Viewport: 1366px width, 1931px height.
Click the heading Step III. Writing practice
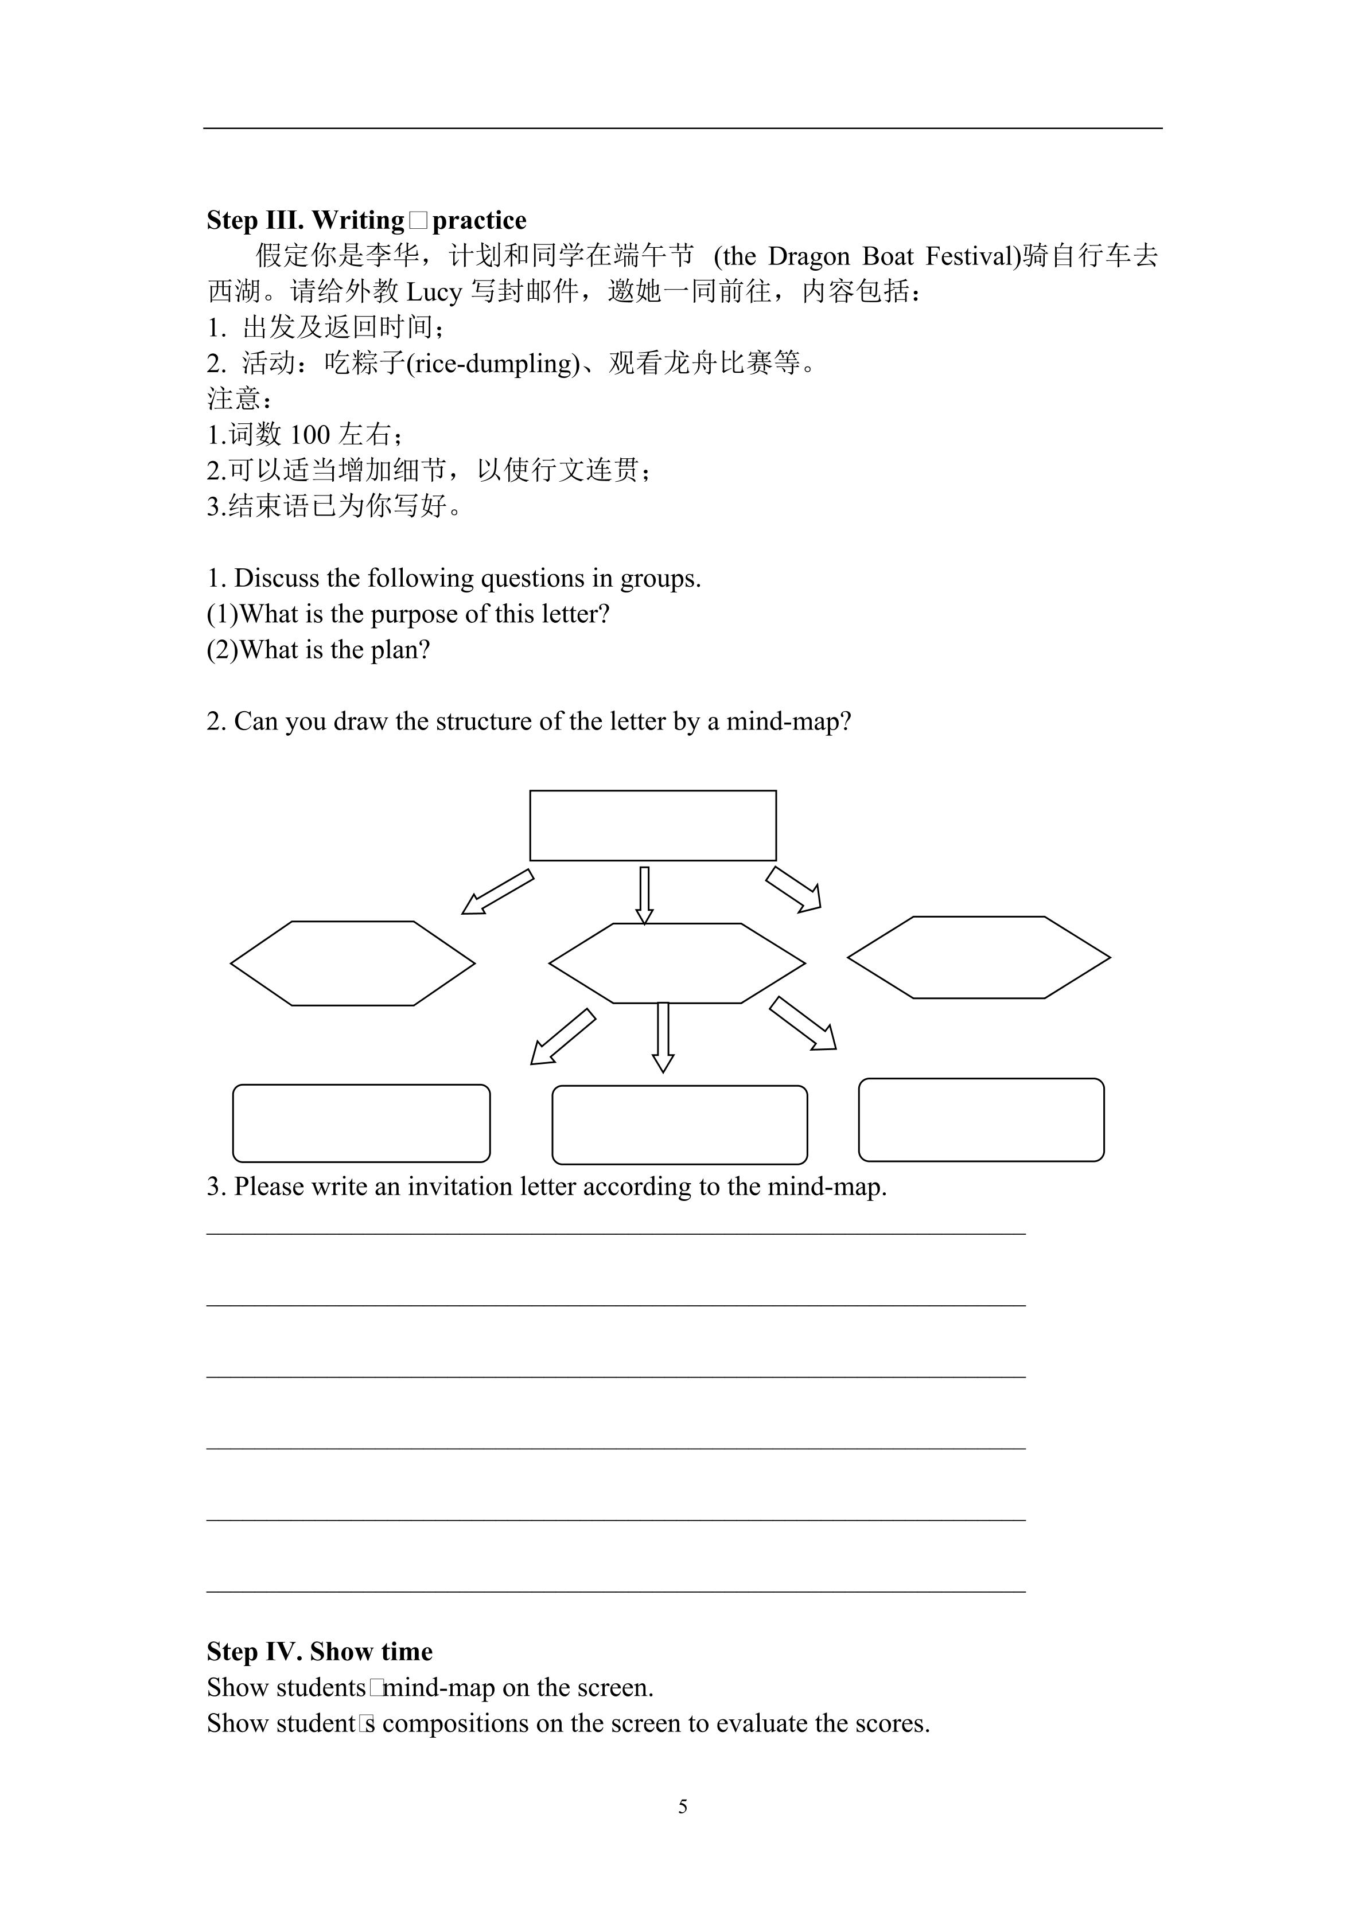pos(367,220)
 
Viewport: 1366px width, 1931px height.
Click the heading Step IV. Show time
pos(320,1651)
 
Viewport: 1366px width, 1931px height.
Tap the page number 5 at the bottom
pos(683,1805)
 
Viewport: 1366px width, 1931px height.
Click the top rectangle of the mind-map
pos(653,825)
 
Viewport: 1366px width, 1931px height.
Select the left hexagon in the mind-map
pos(352,963)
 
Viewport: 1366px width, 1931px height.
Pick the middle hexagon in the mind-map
pos(677,963)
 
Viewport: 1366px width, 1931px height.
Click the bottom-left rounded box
pos(361,1123)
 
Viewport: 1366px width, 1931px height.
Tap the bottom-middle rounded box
pos(680,1125)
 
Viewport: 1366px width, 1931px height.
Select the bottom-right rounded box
pos(981,1119)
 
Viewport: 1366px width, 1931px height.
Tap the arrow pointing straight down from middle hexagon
pos(663,1037)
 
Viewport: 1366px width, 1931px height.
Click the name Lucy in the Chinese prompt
pos(434,292)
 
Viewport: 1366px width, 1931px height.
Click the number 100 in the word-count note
pos(310,435)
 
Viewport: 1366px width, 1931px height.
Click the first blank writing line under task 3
pos(616,1233)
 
